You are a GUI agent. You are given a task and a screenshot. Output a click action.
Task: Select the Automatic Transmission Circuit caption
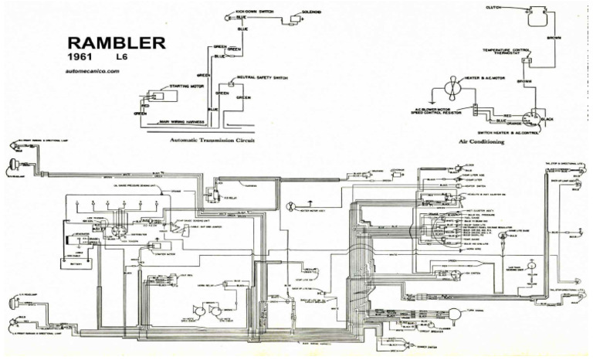click(212, 141)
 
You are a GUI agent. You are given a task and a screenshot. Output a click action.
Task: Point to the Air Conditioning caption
click(481, 142)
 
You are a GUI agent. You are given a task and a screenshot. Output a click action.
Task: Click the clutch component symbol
click(534, 17)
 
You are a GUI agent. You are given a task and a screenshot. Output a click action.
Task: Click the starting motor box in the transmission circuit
click(163, 97)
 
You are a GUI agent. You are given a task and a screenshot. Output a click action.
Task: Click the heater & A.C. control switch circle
click(530, 119)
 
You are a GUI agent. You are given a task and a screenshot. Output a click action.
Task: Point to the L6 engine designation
click(122, 58)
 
